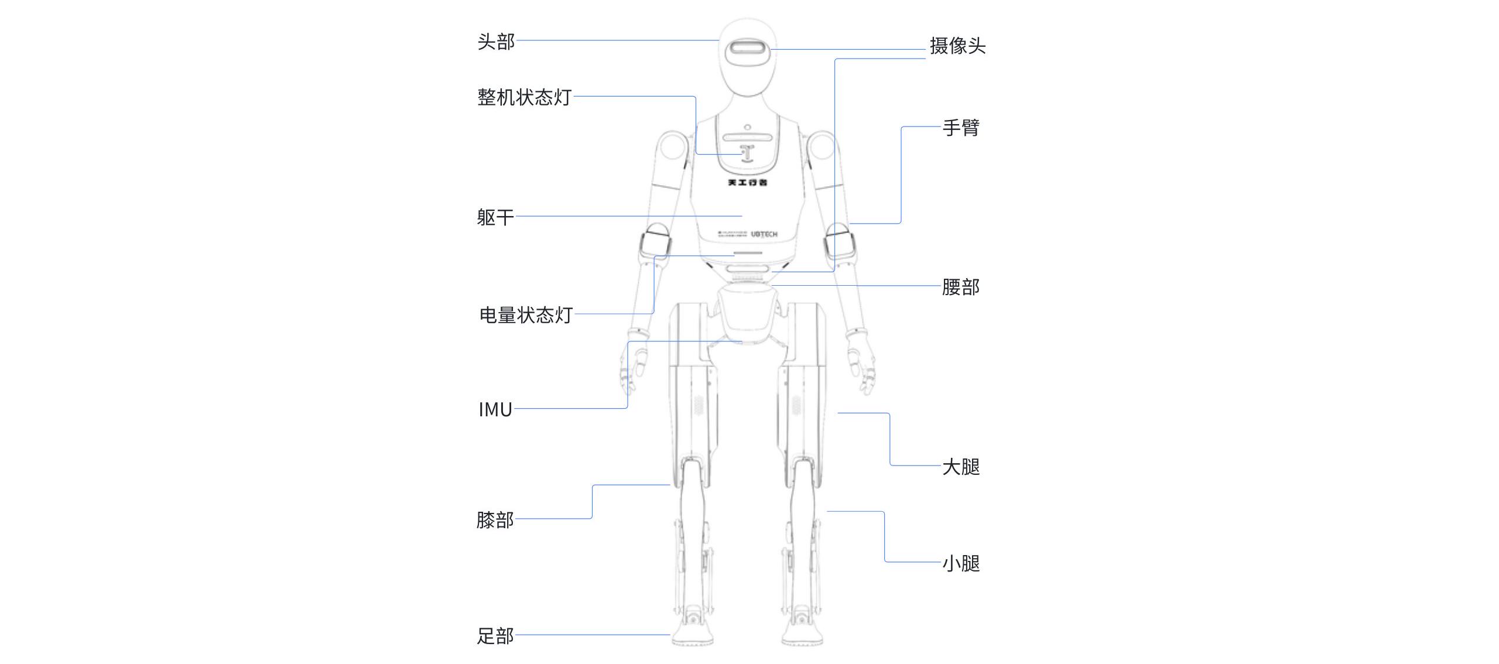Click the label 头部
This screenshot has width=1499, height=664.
(496, 42)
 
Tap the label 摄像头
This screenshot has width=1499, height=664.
(957, 46)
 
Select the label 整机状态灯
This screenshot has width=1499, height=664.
(524, 97)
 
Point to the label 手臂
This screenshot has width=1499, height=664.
(961, 128)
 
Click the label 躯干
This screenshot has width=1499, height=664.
(495, 217)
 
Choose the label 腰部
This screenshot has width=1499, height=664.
(960, 287)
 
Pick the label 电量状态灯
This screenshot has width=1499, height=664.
(526, 315)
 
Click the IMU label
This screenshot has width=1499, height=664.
(495, 409)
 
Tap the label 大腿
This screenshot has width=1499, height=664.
(961, 467)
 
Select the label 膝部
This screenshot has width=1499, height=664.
(495, 519)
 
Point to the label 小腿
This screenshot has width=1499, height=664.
(961, 563)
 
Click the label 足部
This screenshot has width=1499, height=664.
(495, 635)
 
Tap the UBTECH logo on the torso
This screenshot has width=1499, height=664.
(764, 234)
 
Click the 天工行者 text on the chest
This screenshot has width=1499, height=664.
(747, 183)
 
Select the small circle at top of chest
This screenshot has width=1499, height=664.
(748, 127)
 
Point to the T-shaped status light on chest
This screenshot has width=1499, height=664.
(746, 153)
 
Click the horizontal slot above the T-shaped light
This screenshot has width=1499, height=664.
(747, 138)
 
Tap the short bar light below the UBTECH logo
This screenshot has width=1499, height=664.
(748, 254)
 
